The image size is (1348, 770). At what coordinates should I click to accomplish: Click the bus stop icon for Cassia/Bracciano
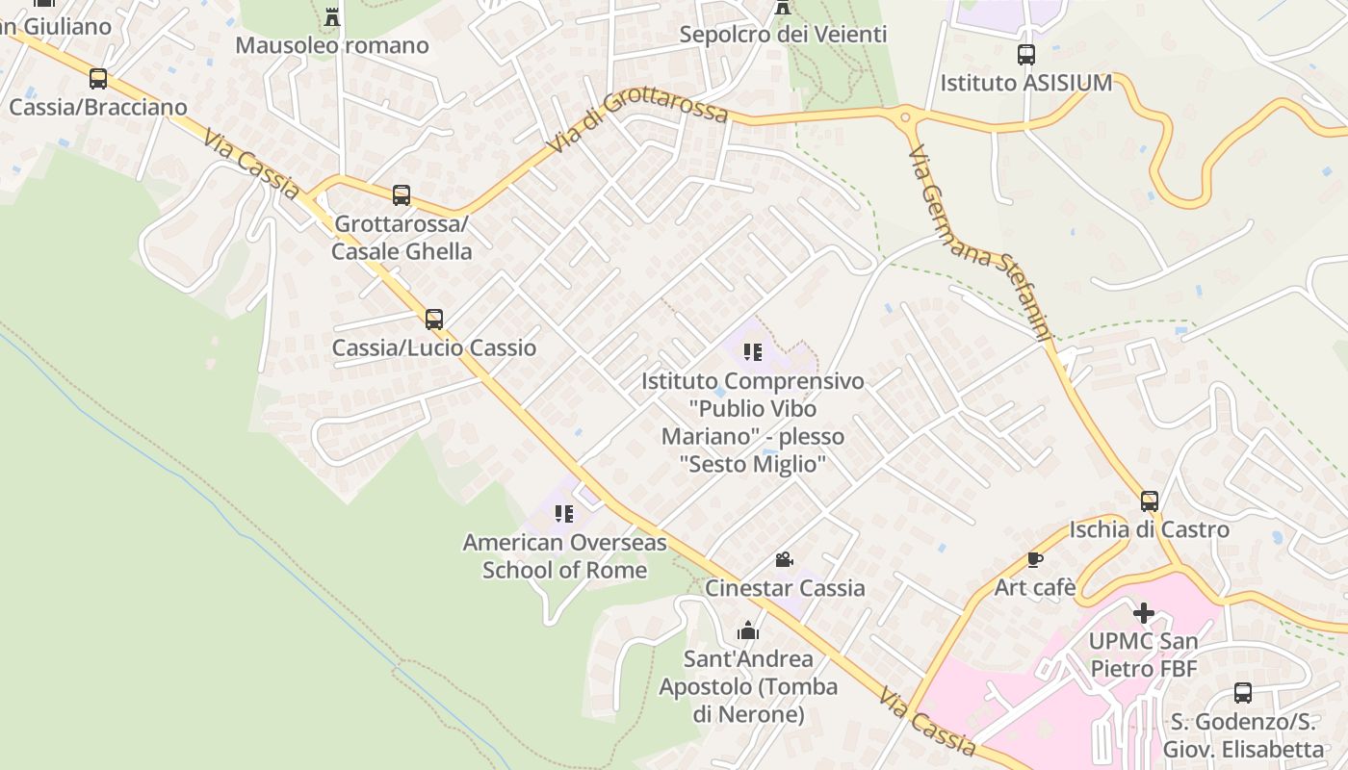pos(97,79)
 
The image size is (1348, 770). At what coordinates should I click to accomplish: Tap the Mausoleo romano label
pos(332,45)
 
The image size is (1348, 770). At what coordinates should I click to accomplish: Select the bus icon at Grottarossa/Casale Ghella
pos(402,195)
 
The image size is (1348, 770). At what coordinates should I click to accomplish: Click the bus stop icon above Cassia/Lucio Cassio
pos(434,319)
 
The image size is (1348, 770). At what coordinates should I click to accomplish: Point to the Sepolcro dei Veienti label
pos(783,35)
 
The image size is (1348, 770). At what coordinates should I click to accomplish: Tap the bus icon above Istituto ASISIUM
pos(1026,55)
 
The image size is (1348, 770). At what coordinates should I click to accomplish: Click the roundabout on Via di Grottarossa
pos(905,118)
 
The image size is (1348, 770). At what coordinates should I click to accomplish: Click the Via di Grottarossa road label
pos(638,121)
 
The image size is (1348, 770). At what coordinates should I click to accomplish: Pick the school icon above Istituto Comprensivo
pos(752,352)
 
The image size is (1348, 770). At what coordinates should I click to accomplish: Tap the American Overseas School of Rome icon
pos(564,514)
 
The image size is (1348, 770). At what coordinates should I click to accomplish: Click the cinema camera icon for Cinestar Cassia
pos(785,559)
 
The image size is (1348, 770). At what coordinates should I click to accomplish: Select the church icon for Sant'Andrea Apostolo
pos(748,631)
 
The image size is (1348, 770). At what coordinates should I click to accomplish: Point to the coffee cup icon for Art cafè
pos(1034,559)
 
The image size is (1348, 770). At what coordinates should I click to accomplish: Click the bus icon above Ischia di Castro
pos(1150,501)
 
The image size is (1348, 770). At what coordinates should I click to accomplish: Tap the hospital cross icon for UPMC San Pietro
pos(1144,613)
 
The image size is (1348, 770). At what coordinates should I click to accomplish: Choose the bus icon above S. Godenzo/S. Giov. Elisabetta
pos(1243,693)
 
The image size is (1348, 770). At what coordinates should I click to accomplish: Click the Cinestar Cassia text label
pos(785,588)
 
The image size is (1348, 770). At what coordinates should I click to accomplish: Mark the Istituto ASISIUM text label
pos(1026,83)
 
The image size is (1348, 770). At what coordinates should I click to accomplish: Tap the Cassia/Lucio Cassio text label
pos(434,347)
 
